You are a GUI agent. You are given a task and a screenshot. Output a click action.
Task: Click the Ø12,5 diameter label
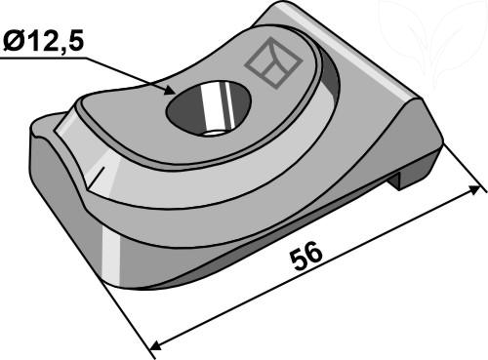(43, 41)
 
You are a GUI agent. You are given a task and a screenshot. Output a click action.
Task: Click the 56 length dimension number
(306, 257)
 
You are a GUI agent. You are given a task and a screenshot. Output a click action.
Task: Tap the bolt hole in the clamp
(209, 108)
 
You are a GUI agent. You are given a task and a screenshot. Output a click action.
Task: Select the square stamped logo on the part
(273, 63)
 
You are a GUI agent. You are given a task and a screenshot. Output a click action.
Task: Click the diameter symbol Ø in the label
(14, 42)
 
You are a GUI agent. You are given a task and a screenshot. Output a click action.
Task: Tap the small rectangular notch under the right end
(397, 180)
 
